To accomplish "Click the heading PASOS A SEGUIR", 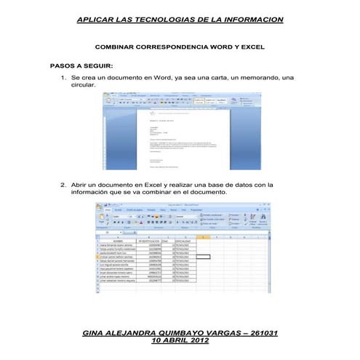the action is (81, 65).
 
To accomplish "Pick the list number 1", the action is (63, 76).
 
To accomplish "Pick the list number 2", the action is (63, 185).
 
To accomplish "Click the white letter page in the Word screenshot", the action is (179, 138).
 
